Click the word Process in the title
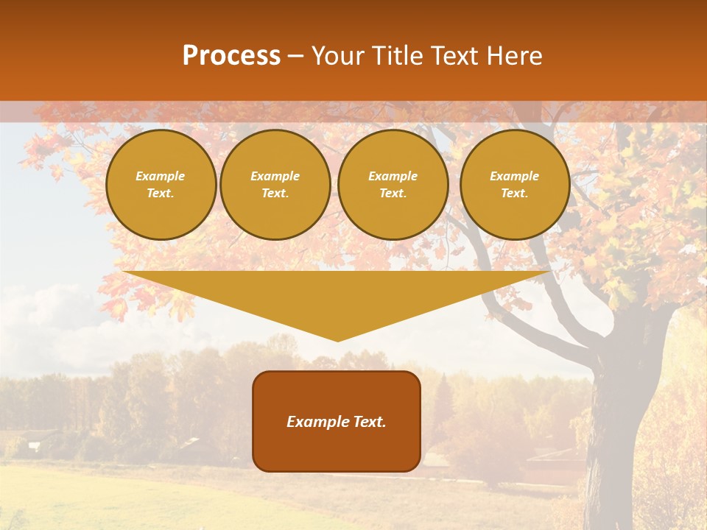coord(231,56)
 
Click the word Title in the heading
coord(396,56)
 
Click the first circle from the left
coord(161,185)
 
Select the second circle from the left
coord(275,185)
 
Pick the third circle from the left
coord(393,185)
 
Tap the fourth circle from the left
coord(515,185)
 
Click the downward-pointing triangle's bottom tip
coord(338,339)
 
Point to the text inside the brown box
coord(337,422)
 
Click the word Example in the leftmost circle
coord(161,176)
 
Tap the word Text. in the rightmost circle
coord(515,194)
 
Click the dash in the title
coord(296,56)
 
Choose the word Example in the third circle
coord(393,176)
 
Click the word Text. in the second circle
coord(275,194)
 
